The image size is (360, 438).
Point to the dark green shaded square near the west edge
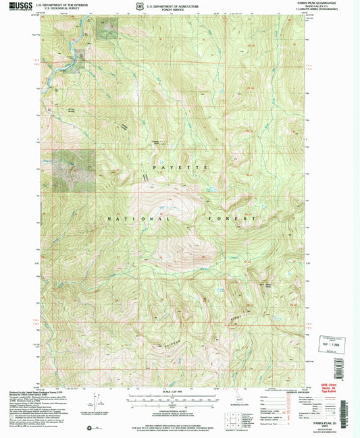point(74,165)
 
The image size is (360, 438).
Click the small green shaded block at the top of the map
point(106,27)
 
